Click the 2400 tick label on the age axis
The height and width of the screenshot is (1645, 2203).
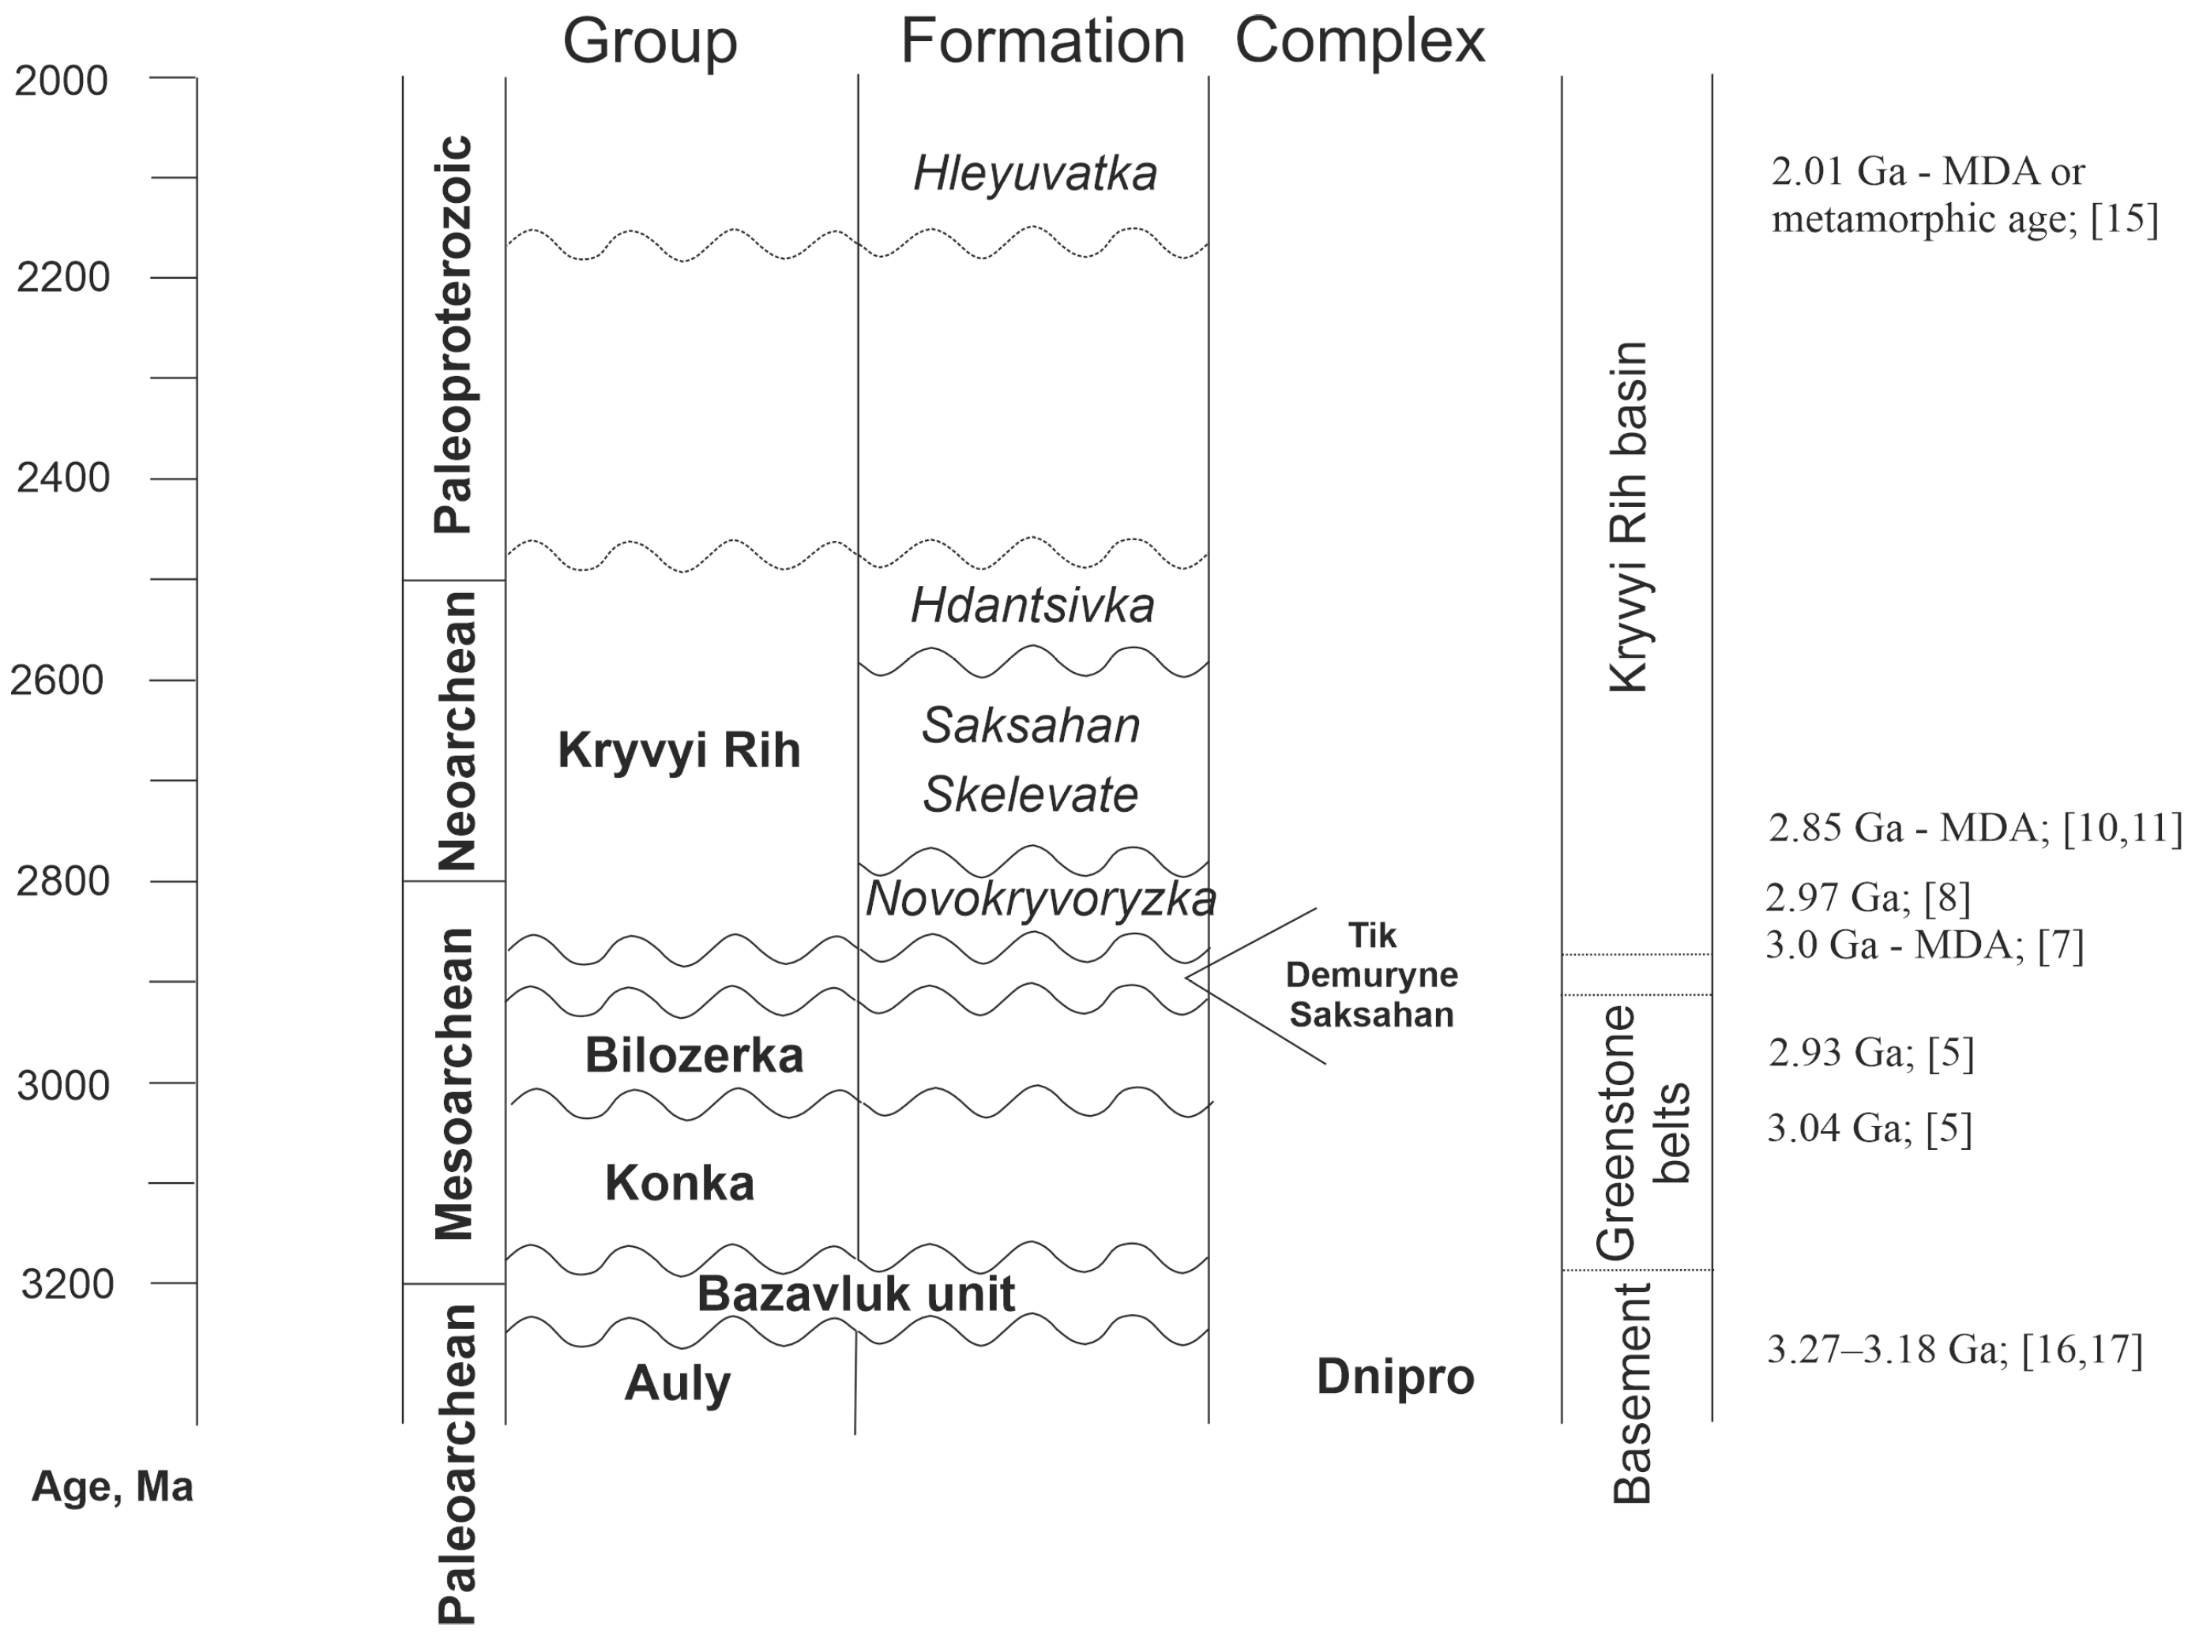pyautogui.click(x=62, y=478)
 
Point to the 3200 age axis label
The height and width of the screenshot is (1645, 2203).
pyautogui.click(x=66, y=1285)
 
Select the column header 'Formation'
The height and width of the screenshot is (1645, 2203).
pyautogui.click(x=1042, y=42)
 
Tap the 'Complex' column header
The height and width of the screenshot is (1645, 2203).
pyautogui.click(x=1359, y=42)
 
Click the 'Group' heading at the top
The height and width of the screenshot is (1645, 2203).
pyautogui.click(x=649, y=42)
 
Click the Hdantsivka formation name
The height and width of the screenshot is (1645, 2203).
pyautogui.click(x=1033, y=606)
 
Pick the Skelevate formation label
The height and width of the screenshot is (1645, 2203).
pyautogui.click(x=1030, y=794)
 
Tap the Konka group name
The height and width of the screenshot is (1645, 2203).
pyautogui.click(x=679, y=1184)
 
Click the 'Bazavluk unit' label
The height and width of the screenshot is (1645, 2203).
pyautogui.click(x=855, y=1294)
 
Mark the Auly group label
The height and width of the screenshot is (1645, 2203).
pyautogui.click(x=677, y=1383)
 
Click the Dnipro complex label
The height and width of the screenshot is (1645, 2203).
pyautogui.click(x=1394, y=1377)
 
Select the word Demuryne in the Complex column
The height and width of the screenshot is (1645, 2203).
pyautogui.click(x=1371, y=975)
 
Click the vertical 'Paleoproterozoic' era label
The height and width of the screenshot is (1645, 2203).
pyautogui.click(x=453, y=335)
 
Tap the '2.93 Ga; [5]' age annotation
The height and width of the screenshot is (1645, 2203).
pyautogui.click(x=1870, y=1053)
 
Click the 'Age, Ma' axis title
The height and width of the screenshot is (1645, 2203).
pyautogui.click(x=112, y=1487)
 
